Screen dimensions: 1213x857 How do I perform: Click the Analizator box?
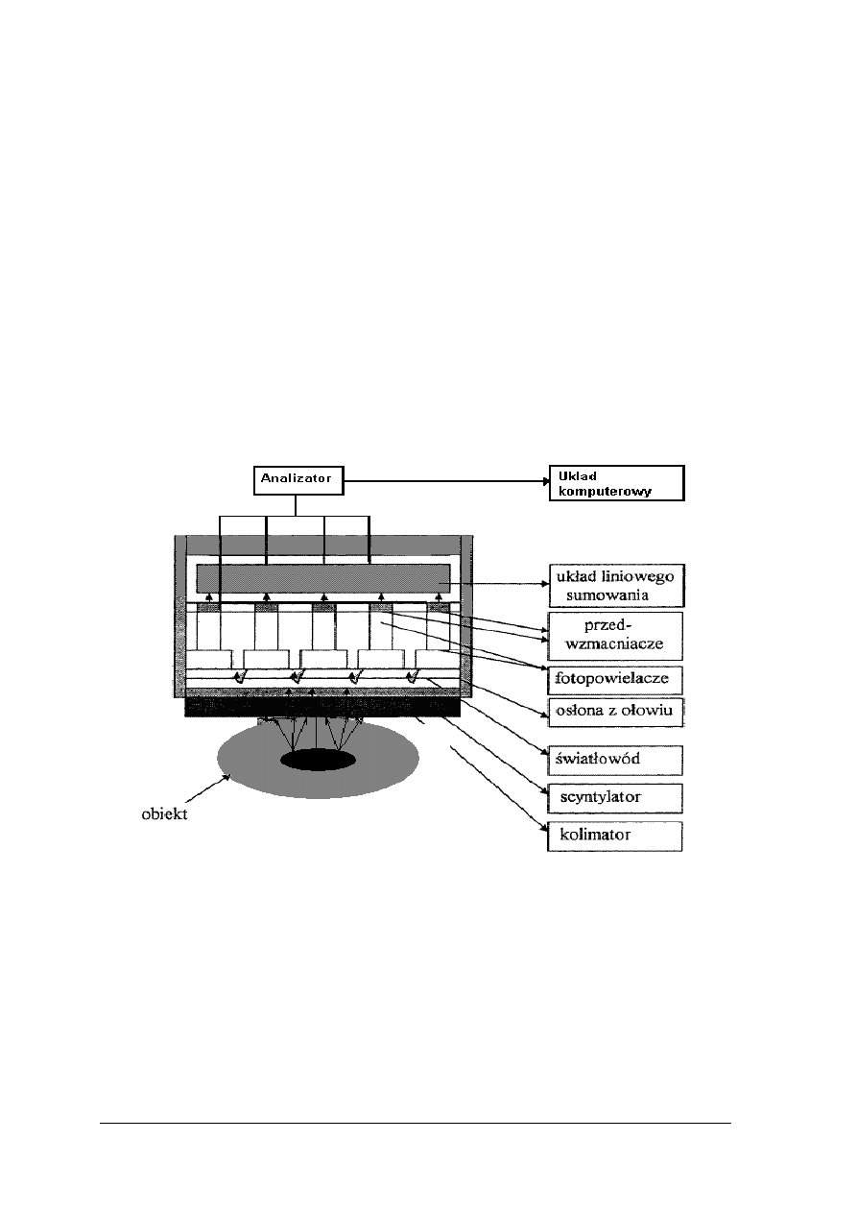[x=298, y=478]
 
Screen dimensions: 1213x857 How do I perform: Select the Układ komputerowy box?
[x=615, y=483]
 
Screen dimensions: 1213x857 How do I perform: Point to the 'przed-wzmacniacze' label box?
[x=615, y=635]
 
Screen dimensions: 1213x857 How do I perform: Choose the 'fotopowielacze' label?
[x=615, y=681]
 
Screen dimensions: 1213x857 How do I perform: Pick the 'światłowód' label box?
[x=615, y=760]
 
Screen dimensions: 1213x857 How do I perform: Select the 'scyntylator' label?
[x=615, y=797]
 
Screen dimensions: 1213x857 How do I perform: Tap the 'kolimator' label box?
[x=615, y=836]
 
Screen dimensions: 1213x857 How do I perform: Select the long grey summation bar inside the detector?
[x=323, y=579]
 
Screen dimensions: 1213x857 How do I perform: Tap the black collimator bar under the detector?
[x=323, y=707]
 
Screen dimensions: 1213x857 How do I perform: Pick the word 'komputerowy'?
[x=602, y=492]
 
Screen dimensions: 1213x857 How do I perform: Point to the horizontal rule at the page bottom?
[x=416, y=1123]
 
